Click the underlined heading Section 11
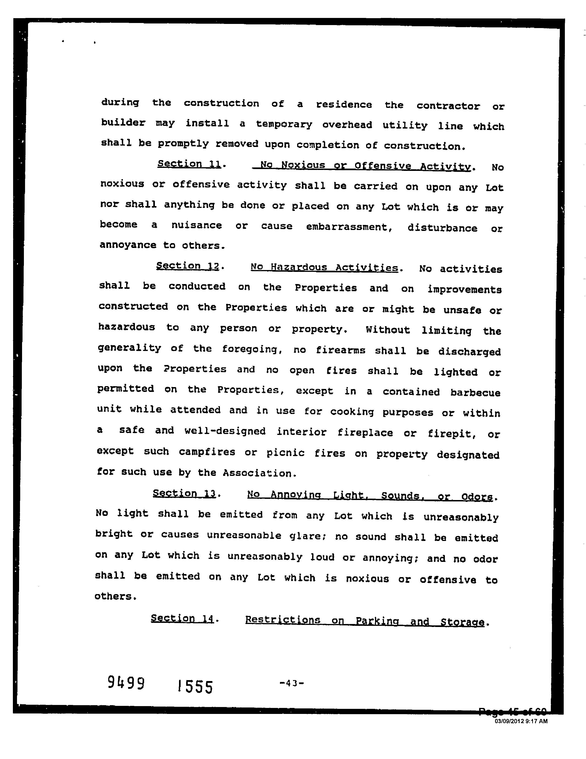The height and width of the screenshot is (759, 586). [189, 164]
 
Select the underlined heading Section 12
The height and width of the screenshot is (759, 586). [188, 266]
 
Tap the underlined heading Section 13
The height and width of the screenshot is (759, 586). [184, 494]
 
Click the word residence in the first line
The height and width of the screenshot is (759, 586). [344, 105]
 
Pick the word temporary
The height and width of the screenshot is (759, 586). [284, 124]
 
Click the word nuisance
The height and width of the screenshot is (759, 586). [196, 226]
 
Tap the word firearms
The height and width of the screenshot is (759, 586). [341, 350]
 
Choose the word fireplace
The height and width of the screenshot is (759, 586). [365, 433]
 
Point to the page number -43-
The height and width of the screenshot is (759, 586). [292, 683]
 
